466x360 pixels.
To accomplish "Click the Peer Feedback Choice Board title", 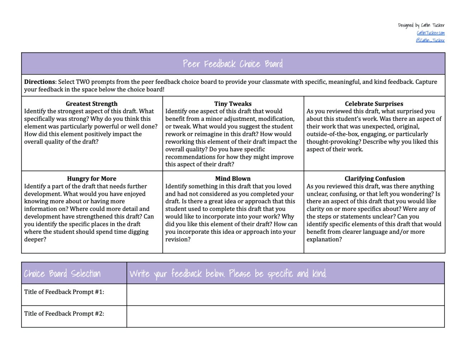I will [233, 64].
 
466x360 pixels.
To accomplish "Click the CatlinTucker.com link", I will [431, 33].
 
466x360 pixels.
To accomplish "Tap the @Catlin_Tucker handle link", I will [430, 40].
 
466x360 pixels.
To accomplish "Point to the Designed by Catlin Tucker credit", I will [421, 25].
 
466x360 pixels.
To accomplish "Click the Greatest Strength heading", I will [92, 104].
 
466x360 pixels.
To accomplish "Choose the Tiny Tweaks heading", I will [233, 104].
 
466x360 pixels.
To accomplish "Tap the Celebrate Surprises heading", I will [374, 104].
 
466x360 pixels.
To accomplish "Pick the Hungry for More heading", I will [92, 179].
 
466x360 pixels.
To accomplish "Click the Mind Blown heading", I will [233, 179].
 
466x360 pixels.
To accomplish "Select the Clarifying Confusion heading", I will [375, 179].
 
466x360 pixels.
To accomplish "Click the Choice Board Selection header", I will [62, 274].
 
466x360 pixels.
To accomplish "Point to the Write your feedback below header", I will [228, 274].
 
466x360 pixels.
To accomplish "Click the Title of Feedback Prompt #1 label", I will [64, 292].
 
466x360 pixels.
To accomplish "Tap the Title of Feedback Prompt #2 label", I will [64, 313].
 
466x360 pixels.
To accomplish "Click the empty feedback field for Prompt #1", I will [285, 295].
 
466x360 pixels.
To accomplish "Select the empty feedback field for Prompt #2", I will [285, 316].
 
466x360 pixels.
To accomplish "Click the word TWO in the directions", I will [83, 82].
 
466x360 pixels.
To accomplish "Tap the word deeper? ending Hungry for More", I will [35, 239].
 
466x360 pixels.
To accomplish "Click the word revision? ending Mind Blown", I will [178, 239].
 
